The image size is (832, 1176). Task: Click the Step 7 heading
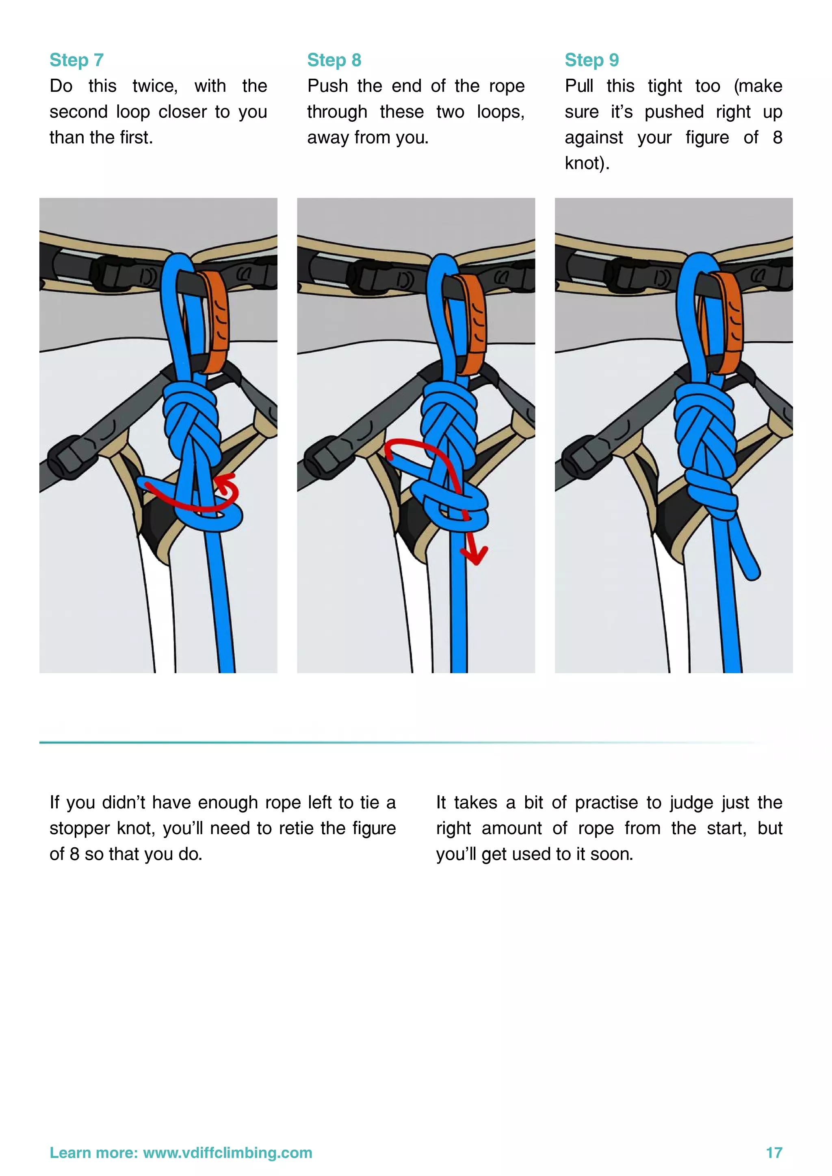tap(76, 60)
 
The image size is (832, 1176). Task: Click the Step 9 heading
tap(591, 60)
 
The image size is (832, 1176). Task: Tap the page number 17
tap(773, 1152)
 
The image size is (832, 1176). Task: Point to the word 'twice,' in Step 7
tap(155, 86)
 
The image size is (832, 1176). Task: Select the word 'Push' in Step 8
tap(327, 86)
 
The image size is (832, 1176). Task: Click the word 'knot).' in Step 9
tap(587, 164)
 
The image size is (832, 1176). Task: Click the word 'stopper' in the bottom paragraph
tap(80, 828)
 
